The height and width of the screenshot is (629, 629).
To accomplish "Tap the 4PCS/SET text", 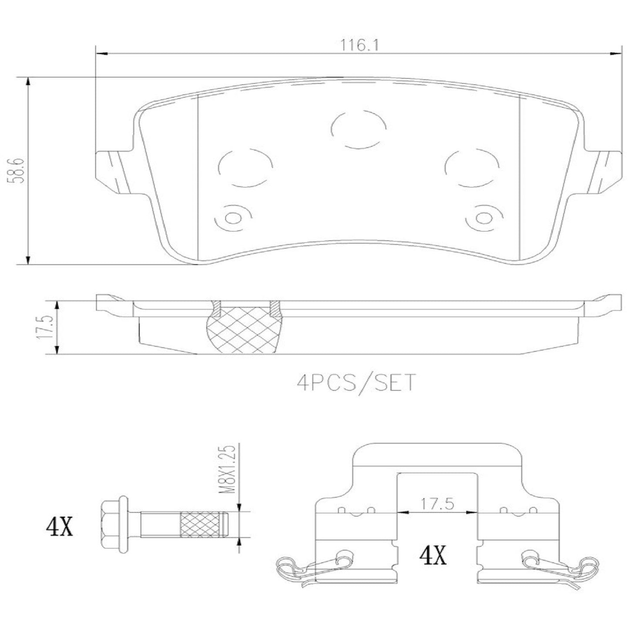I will tap(356, 383).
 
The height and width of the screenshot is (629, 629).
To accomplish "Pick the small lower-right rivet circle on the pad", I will tap(483, 218).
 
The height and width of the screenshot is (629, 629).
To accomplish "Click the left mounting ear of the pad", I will tap(114, 170).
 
